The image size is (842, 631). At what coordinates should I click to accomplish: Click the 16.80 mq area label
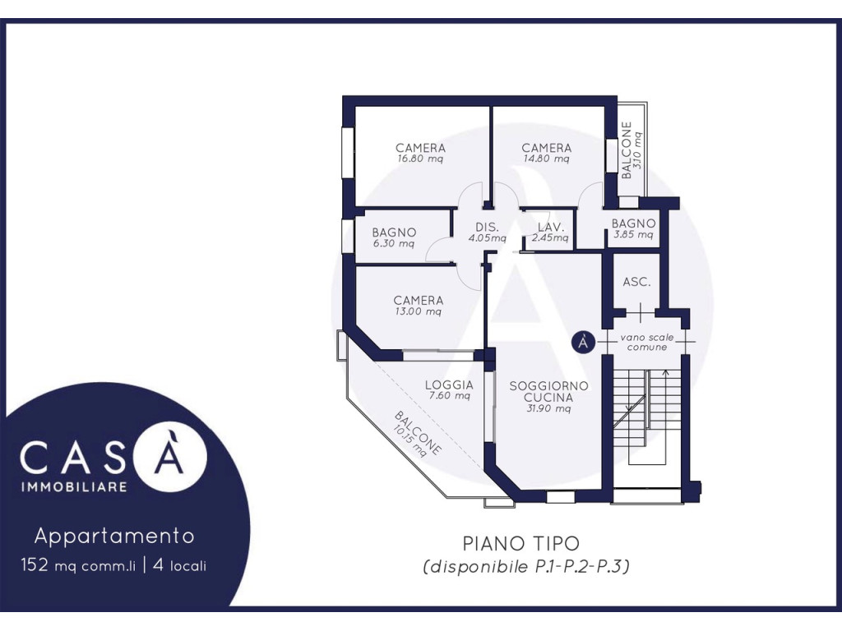coord(420,159)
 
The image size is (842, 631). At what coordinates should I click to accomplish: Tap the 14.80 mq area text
coord(546,159)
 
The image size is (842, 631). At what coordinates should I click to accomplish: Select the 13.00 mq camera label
coord(418,311)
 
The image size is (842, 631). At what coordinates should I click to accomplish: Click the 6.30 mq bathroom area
coord(394,243)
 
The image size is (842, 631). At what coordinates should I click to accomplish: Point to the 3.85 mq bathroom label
coord(633,234)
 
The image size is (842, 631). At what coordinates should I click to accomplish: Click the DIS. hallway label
coord(487,227)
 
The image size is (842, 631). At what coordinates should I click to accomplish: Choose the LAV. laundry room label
coord(550,227)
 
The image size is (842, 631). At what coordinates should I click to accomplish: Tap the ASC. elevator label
coord(636,282)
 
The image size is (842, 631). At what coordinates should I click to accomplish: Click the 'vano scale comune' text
coord(646,343)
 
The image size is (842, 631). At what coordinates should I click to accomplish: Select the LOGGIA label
coord(449,385)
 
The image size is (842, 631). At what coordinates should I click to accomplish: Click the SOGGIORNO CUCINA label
coord(548,391)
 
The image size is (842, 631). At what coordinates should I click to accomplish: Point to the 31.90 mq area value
coord(548,408)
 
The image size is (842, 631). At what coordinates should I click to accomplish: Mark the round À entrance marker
coord(583,342)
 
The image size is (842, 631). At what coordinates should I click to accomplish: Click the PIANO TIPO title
coord(520,544)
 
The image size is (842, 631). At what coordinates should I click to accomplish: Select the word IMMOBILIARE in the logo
coord(74,486)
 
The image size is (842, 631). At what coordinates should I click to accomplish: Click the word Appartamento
coord(114,536)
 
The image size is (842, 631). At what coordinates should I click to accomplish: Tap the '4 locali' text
coord(179,565)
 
